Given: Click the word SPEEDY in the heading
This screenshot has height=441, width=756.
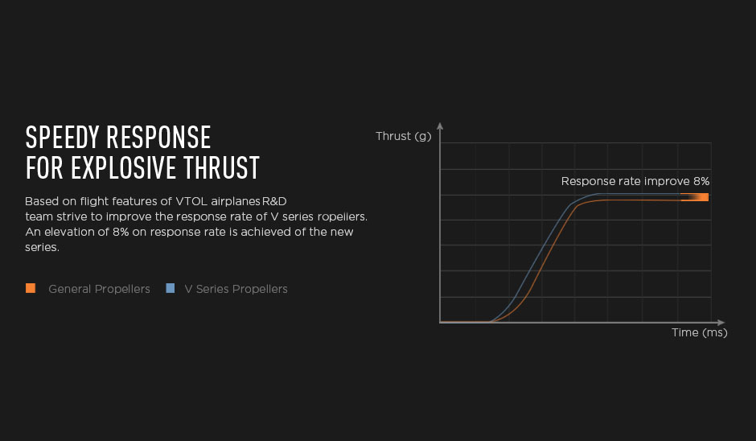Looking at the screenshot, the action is pos(62,138).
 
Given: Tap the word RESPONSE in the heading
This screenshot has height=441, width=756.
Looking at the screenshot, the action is pos(158,138).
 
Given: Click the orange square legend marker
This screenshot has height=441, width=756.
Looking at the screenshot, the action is pos(31,288).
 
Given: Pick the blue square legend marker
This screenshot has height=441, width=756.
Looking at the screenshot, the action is pos(171,288).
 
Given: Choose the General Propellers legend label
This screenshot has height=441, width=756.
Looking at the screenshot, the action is pos(99,289).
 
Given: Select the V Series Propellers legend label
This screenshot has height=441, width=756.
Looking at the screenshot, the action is pos(236,289).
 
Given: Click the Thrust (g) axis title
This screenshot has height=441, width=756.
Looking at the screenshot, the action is pos(404,137).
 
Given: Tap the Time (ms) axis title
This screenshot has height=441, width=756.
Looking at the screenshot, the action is pos(700,332).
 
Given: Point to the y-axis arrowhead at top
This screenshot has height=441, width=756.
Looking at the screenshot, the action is pos(440,126).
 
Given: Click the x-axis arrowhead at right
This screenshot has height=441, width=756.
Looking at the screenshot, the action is pos(721,322).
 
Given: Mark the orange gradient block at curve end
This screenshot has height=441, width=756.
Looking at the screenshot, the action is pos(694,197).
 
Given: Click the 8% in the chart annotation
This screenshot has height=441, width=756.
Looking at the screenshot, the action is pos(701,181).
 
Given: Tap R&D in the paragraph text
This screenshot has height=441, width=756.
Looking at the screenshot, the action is pos(274,201).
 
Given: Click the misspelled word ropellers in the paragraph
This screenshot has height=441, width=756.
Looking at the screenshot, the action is pos(343,216).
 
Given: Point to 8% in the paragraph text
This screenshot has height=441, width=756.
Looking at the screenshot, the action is pos(121,232).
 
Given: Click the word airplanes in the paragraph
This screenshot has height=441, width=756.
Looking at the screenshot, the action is pos(236,202).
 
